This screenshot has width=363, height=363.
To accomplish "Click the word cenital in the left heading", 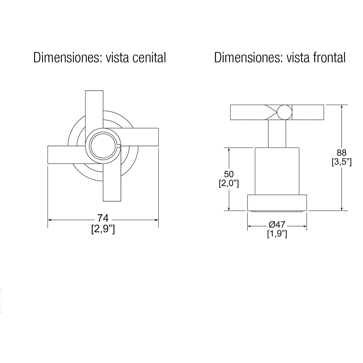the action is click(x=149, y=57).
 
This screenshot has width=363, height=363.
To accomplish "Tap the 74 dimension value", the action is click(x=103, y=218).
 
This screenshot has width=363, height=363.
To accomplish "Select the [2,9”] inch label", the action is click(x=103, y=229).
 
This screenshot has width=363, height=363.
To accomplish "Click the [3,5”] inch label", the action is click(x=342, y=162).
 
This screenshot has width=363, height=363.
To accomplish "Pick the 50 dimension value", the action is click(x=229, y=174).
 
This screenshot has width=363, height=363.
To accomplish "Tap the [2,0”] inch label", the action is click(x=229, y=184).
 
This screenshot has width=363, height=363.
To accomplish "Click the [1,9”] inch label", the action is click(x=277, y=234).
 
